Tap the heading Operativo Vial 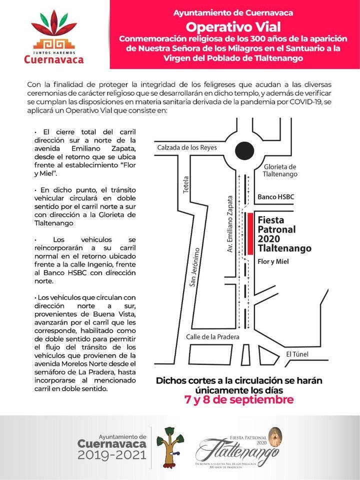point(233,26)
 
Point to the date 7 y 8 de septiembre point(238,400)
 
